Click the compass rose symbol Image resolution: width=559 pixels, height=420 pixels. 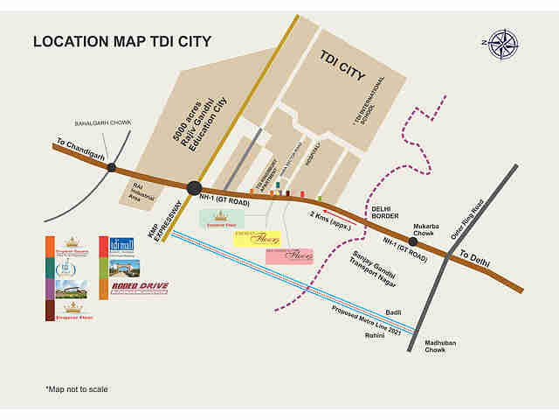tap(503, 42)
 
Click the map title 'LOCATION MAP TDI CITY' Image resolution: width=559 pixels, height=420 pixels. tap(121, 40)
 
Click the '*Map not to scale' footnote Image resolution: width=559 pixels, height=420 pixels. tap(78, 388)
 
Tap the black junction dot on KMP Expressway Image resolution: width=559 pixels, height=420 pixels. tap(194, 187)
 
